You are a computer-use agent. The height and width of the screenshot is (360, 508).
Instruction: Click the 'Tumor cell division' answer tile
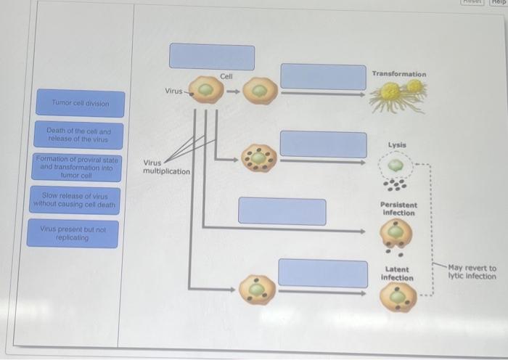(80, 103)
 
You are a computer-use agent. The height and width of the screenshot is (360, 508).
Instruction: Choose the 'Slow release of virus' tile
(74, 200)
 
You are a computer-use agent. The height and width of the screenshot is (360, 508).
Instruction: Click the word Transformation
(399, 74)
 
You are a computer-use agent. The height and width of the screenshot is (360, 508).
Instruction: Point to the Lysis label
(397, 144)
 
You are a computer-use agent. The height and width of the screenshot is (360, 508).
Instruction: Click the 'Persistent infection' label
(398, 208)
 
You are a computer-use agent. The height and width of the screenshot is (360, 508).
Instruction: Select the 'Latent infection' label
(397, 273)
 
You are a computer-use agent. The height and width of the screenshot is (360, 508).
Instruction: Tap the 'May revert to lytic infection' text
(472, 272)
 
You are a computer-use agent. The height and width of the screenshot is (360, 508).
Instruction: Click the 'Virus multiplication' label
(166, 167)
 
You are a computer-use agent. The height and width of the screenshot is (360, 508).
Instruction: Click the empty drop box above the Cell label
(212, 57)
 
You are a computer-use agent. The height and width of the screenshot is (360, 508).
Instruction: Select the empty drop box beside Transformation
(323, 76)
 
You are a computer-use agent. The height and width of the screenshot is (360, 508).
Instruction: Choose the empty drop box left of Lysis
(323, 144)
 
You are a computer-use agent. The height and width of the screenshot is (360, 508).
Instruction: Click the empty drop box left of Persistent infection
(282, 211)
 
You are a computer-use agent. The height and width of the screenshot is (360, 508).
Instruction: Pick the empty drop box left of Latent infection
(323, 272)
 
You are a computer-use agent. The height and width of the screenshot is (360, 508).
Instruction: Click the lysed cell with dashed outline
(396, 165)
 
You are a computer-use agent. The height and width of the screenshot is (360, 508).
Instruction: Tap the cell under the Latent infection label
(398, 298)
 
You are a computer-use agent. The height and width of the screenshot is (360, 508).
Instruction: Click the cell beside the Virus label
(207, 90)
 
